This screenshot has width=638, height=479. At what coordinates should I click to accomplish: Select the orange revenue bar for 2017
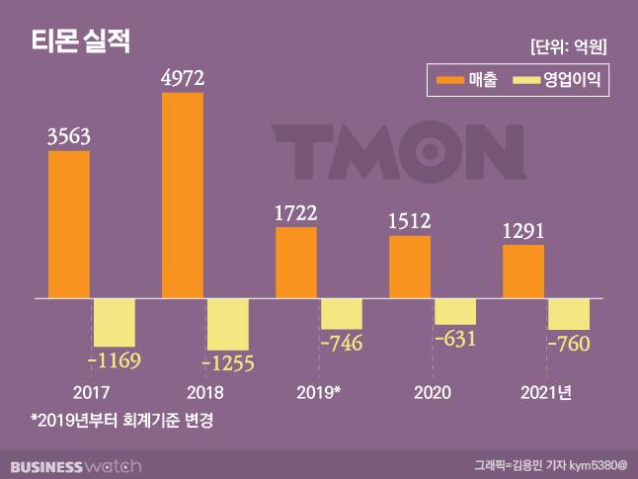[69, 223]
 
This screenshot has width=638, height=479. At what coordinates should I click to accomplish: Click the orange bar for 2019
[296, 262]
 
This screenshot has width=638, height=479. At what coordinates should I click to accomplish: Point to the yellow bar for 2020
[455, 311]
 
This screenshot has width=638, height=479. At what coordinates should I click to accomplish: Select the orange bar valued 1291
[523, 271]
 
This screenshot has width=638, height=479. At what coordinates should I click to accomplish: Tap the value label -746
[342, 344]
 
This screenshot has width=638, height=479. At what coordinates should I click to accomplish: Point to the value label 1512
[410, 221]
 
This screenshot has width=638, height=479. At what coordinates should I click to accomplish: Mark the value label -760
[569, 345]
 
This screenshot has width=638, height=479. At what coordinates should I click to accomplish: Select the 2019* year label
[319, 392]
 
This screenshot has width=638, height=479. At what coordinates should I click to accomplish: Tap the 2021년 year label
[546, 392]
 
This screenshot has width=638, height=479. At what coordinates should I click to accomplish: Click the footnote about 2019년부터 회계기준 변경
[121, 420]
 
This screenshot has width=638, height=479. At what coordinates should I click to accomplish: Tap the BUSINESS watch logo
[76, 464]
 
